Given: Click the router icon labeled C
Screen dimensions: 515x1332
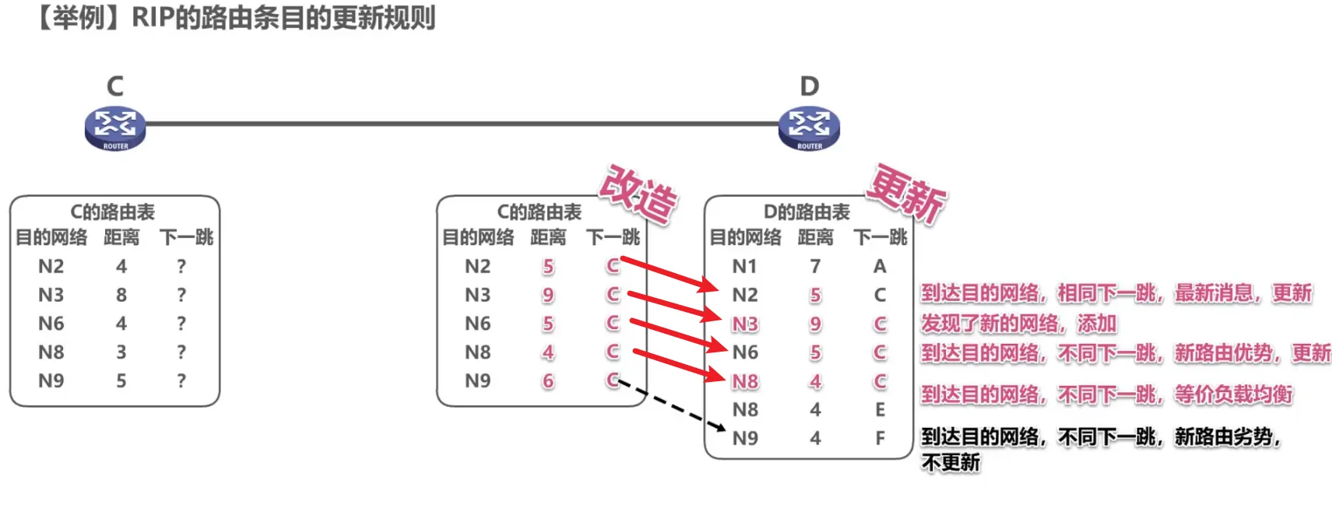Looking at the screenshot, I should pos(115,128).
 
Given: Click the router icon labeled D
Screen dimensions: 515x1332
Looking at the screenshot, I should pos(809,128).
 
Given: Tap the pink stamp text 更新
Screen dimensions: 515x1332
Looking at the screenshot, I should pos(906,194).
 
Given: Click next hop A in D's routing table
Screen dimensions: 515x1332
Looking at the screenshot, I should pos(880,266).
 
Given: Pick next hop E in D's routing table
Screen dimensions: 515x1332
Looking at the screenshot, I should pos(880,409).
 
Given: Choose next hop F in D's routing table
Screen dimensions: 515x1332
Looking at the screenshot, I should pos(880,438).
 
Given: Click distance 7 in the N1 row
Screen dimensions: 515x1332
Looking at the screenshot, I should pos(815,266).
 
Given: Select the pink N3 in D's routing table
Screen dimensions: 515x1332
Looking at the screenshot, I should pos(745,324).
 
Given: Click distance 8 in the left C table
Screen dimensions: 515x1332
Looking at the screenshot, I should pos(121,295).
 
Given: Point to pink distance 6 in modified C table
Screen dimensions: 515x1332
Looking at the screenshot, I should pos(548,381).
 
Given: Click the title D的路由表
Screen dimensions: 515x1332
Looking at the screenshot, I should pos(807,212).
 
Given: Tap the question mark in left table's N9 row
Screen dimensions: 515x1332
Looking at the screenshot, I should pos(181,380).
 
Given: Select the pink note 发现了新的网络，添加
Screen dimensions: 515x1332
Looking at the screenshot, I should pos(1019,323).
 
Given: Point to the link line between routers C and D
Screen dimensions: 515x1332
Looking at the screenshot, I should pos(462,123).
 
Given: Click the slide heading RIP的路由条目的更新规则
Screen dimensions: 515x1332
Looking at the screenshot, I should pos(283,17).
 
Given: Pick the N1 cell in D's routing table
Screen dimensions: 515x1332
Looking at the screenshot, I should pos(745,266).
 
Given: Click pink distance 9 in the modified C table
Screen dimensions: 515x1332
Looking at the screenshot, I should pos(548,295).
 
